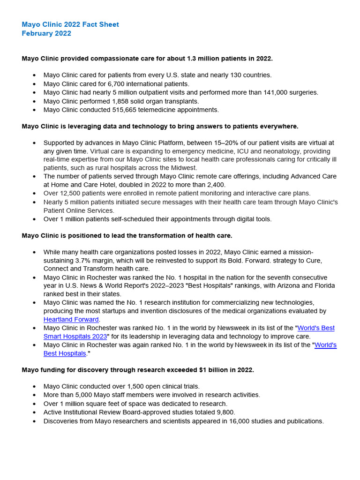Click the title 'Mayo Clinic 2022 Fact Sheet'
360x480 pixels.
click(70, 24)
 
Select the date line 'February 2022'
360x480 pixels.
click(46, 33)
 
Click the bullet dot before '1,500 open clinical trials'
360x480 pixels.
click(34, 387)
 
